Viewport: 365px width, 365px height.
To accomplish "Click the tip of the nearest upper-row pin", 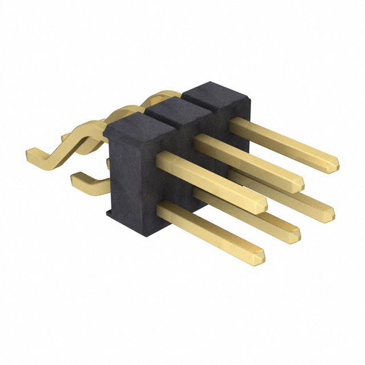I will [262, 206].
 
